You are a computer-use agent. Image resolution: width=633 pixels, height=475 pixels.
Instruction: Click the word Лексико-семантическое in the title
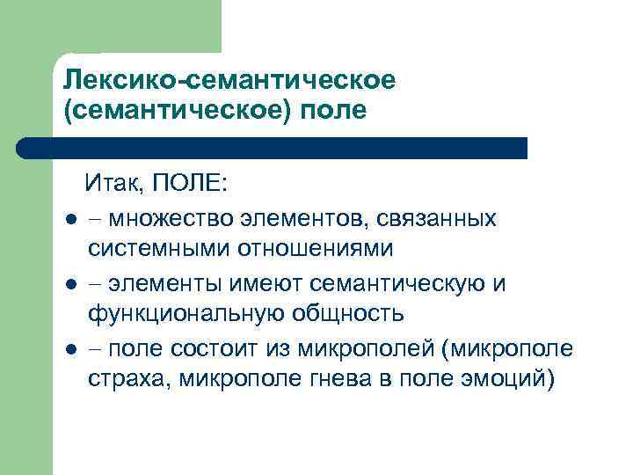point(230,80)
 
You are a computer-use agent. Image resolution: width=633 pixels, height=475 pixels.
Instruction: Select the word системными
point(157,248)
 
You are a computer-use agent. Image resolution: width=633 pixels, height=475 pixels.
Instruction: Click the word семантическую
point(400,284)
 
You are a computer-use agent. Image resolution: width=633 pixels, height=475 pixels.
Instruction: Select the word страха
point(122,381)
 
